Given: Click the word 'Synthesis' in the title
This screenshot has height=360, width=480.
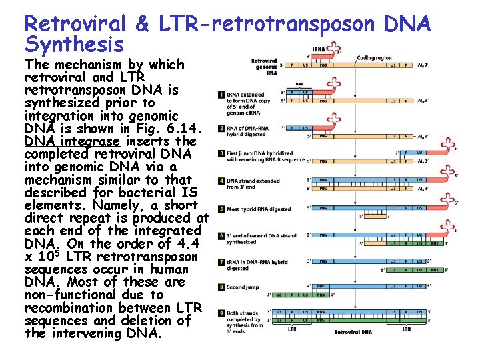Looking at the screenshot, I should (74, 45).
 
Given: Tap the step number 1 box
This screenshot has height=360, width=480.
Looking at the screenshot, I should (221, 95).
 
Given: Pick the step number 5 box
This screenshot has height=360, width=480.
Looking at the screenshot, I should (221, 209).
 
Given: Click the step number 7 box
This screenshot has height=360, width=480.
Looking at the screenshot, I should (221, 262).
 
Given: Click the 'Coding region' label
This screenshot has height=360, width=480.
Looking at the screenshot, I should (374, 58).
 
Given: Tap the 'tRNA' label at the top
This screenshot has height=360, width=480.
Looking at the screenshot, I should (320, 49).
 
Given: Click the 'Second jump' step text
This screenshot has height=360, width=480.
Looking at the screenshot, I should (243, 288).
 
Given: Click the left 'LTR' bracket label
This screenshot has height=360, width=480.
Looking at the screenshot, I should (292, 329).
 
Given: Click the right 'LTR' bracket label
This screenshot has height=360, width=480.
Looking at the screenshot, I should (406, 329).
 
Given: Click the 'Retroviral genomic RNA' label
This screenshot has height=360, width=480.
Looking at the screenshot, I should (265, 67).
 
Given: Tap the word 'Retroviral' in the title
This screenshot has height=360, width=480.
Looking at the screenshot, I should (75, 24).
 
